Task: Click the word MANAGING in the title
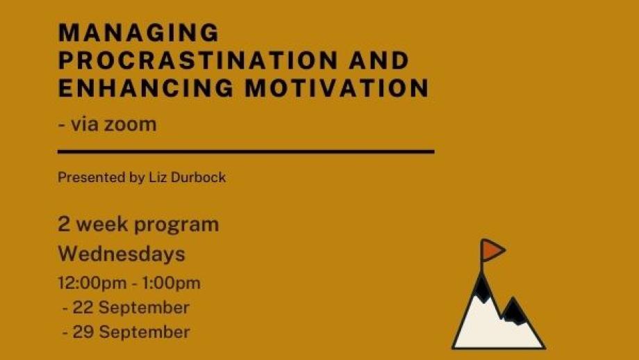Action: (139, 33)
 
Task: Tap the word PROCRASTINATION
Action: (198, 60)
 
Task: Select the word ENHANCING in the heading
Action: (146, 88)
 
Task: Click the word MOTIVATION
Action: (337, 88)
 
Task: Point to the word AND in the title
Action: (379, 60)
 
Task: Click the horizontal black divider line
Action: (246, 152)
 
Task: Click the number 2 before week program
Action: (64, 224)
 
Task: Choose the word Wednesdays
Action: (122, 254)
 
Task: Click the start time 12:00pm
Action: (92, 284)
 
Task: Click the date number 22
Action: (83, 307)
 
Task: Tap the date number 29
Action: (83, 332)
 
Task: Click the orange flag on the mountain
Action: (493, 250)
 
